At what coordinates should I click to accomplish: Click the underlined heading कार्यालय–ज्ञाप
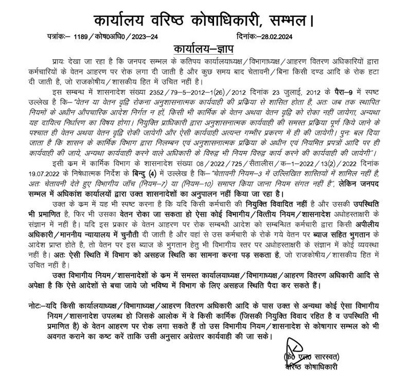pos(206,50)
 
